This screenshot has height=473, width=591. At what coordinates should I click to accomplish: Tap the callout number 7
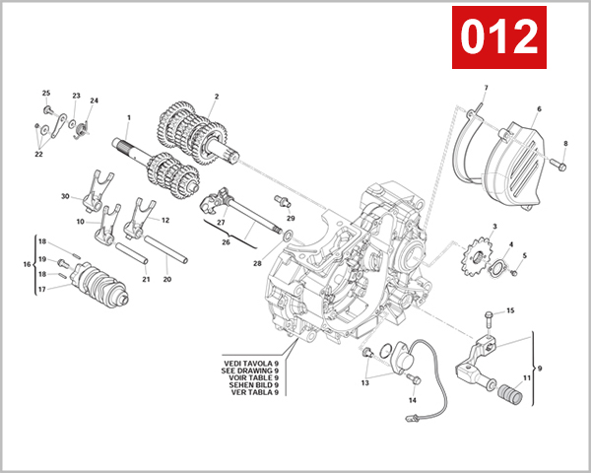pyautogui.click(x=486, y=89)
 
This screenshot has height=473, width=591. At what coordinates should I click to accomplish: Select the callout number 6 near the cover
pyautogui.click(x=539, y=108)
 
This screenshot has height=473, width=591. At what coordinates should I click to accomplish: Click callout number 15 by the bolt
pyautogui.click(x=510, y=311)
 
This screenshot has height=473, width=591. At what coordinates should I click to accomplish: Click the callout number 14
pyautogui.click(x=413, y=400)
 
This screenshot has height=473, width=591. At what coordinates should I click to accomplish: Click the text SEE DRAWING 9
pyautogui.click(x=250, y=370)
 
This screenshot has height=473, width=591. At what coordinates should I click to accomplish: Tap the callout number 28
pyautogui.click(x=257, y=263)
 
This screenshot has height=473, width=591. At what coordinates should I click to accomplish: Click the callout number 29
pyautogui.click(x=291, y=217)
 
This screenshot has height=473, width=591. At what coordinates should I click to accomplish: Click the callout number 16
pyautogui.click(x=28, y=265)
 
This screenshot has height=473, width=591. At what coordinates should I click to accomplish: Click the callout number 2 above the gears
pyautogui.click(x=216, y=97)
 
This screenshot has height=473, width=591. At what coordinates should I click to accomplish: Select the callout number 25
pyautogui.click(x=45, y=93)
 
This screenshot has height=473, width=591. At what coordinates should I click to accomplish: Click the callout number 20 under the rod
pyautogui.click(x=166, y=279)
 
